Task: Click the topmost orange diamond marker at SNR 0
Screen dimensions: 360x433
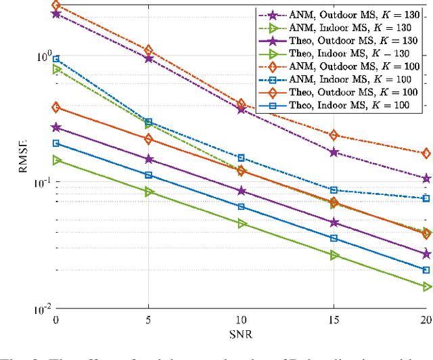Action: click(x=56, y=5)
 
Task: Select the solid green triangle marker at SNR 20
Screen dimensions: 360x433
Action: click(x=426, y=287)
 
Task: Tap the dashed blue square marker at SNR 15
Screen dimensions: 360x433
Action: click(x=334, y=190)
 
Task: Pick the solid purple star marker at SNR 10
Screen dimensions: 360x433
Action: click(x=241, y=192)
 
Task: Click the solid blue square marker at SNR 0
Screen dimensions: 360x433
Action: click(x=56, y=143)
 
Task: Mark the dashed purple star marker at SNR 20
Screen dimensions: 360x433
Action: click(x=426, y=179)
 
